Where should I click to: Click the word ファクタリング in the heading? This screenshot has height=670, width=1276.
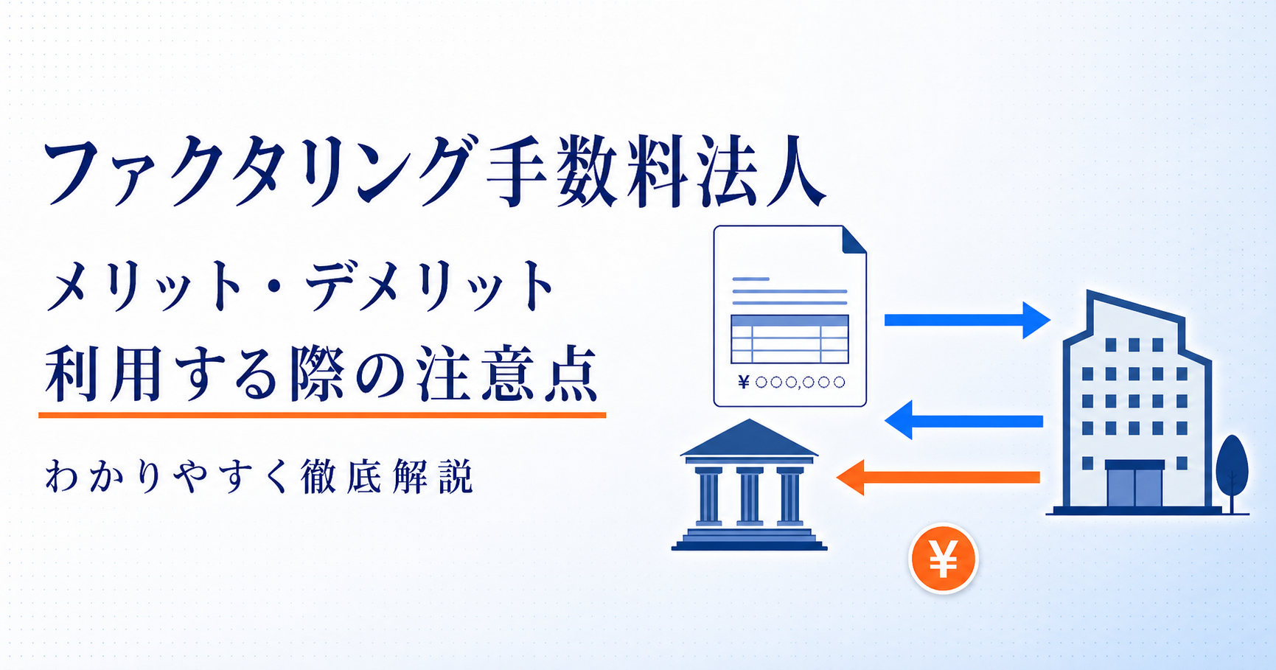pos(257,170)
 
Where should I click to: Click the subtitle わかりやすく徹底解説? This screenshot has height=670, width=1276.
pos(259,477)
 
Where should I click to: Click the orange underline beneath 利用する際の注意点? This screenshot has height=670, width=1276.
pos(322,415)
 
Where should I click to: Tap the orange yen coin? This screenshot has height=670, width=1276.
pos(943,558)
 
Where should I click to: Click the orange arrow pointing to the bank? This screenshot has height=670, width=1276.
pos(938,478)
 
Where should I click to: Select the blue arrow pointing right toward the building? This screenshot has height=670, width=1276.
pos(967,320)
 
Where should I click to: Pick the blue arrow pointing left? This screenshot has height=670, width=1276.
pos(963,421)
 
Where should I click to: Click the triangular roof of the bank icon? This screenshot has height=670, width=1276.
pos(749,438)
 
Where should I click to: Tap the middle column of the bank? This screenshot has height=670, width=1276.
pos(749,496)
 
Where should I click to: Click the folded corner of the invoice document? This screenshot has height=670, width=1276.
pos(854,240)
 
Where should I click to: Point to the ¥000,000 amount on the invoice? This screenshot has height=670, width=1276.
pos(791,382)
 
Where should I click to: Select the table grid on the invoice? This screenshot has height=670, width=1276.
pos(789,339)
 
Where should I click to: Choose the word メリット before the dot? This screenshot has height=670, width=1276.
pos(147,285)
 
